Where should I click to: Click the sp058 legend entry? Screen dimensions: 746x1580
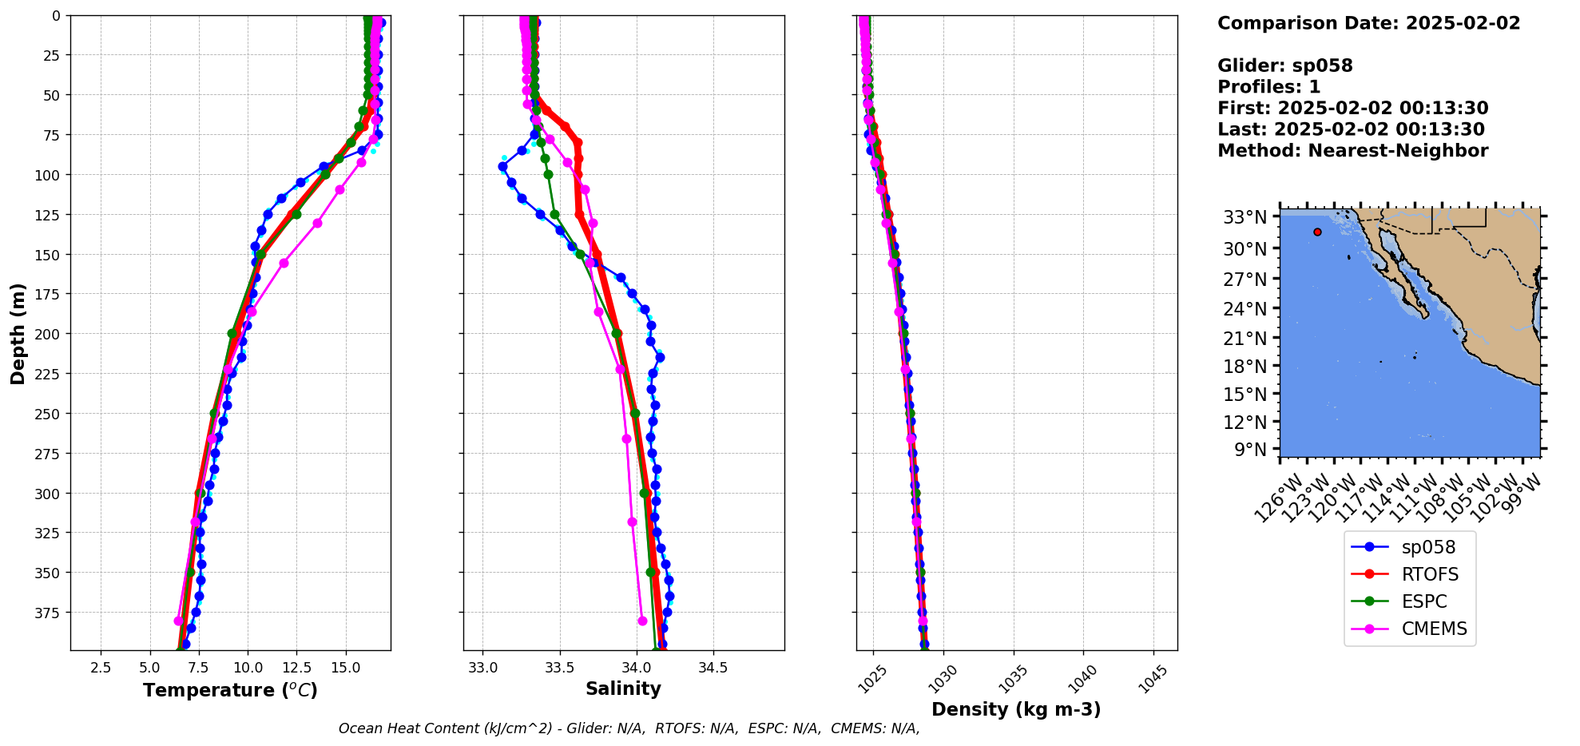pyautogui.click(x=1427, y=547)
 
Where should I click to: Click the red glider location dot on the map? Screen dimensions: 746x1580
pyautogui.click(x=1317, y=232)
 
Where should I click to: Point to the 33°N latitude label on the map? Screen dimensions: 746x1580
pyautogui.click(x=1245, y=217)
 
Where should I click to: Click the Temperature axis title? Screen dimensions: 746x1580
pyautogui.click(x=230, y=690)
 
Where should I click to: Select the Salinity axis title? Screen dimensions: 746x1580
pyautogui.click(x=623, y=689)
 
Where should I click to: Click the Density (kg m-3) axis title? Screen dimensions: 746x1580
pyautogui.click(x=1016, y=709)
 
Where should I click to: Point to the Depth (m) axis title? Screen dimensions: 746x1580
pyautogui.click(x=18, y=333)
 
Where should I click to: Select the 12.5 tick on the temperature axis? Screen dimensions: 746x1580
pyautogui.click(x=296, y=667)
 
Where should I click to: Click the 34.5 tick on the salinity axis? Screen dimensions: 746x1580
pyautogui.click(x=713, y=667)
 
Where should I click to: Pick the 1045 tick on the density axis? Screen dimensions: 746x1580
pyautogui.click(x=1153, y=679)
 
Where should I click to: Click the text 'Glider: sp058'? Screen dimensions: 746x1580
pyautogui.click(x=1284, y=65)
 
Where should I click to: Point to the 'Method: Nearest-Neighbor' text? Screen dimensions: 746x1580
pyautogui.click(x=1352, y=151)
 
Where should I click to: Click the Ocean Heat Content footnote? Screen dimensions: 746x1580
pyautogui.click(x=629, y=728)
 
